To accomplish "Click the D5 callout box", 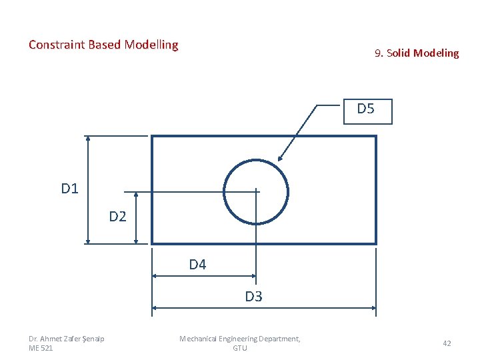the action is click(366, 111).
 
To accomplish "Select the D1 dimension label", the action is click(70, 189).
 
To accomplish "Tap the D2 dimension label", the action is click(118, 216).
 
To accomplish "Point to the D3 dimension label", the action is click(253, 297).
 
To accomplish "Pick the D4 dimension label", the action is click(197, 265).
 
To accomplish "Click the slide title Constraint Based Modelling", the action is click(103, 45).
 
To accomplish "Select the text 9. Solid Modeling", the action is click(417, 53).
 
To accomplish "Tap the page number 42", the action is click(447, 343).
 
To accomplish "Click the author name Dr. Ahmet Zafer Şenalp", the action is click(67, 339).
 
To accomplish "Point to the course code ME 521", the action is click(41, 348).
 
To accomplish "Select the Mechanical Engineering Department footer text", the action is click(240, 339).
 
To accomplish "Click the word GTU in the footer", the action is click(240, 348).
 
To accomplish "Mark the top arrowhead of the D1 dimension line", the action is click(88, 139).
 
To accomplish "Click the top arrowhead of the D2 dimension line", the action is click(136, 196).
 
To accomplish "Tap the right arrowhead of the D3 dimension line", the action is click(373, 308).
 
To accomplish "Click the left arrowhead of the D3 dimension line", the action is click(155, 308).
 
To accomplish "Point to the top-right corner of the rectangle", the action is click(376, 137).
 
